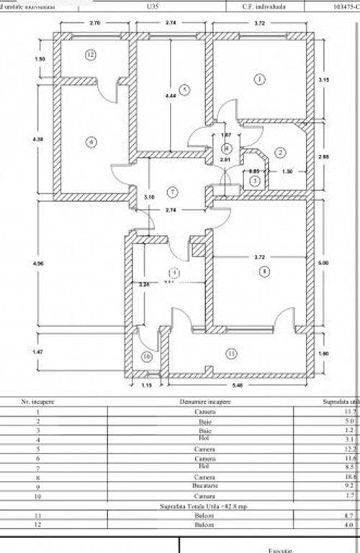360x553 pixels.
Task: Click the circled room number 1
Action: (258, 79)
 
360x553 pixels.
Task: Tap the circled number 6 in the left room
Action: (91, 141)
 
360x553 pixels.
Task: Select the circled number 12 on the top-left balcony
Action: (90, 54)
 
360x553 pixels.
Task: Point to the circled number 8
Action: (265, 271)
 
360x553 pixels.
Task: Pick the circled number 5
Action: (184, 89)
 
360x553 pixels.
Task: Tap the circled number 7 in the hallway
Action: (171, 192)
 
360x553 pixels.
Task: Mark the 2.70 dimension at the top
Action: (94, 23)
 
